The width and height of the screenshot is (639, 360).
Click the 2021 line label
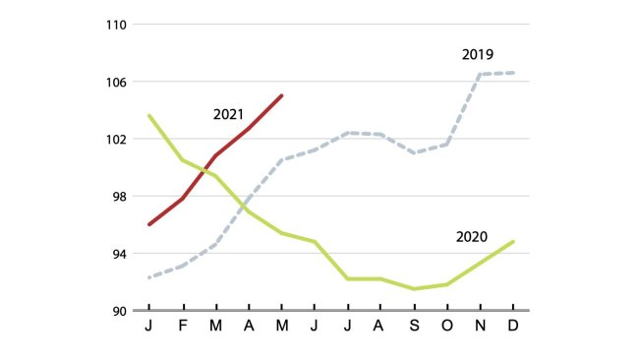(x=228, y=114)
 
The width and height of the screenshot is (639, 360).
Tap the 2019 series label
(x=477, y=54)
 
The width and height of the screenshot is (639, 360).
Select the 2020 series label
(x=472, y=237)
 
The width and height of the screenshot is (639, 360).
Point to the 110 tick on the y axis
(x=117, y=24)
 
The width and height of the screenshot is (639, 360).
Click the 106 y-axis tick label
(x=117, y=82)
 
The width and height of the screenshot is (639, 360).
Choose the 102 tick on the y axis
(x=117, y=139)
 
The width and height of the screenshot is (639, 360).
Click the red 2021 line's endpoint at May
(x=281, y=95)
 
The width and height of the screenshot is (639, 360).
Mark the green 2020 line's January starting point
(x=148, y=115)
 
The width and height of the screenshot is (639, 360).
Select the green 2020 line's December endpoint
(x=513, y=241)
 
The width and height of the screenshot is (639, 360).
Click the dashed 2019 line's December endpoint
(x=513, y=73)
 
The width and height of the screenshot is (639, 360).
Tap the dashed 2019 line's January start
(x=148, y=277)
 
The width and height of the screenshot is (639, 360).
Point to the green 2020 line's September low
(x=414, y=289)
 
